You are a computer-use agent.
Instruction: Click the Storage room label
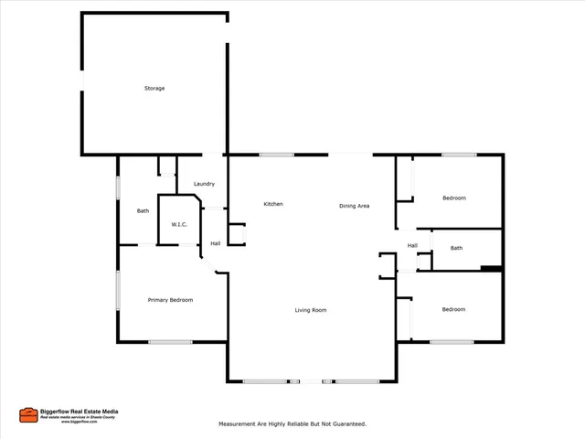(154, 88)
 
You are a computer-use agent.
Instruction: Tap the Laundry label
(204, 184)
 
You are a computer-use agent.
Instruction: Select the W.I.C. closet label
(178, 225)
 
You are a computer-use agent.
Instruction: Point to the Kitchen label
(273, 204)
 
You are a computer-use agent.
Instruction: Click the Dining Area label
(354, 206)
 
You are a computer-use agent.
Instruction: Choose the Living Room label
(311, 310)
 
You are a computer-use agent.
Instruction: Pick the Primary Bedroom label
(170, 300)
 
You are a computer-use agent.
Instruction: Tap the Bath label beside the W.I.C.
(143, 211)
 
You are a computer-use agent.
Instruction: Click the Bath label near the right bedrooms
(456, 248)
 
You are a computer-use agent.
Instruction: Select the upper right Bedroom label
(454, 198)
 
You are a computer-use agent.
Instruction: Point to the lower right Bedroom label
(453, 309)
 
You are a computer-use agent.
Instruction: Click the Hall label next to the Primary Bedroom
(216, 243)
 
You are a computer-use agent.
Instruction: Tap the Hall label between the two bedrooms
(412, 245)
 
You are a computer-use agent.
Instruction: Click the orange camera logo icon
(28, 414)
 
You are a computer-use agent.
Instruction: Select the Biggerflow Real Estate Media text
(79, 412)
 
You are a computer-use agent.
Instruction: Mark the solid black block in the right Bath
(491, 268)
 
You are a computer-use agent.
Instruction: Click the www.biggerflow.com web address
(80, 422)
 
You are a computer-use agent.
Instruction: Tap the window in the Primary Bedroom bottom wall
(170, 342)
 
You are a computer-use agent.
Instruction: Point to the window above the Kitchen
(276, 154)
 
